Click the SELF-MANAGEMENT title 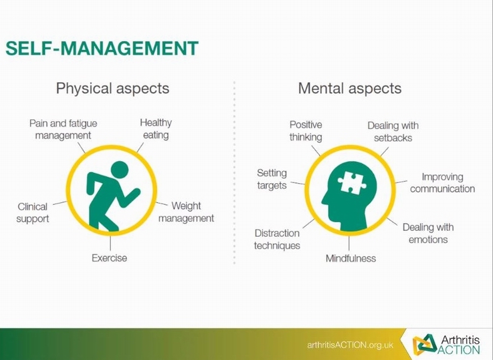[x=102, y=49]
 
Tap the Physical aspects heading [x=113, y=88]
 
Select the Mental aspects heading [x=350, y=88]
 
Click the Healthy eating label [x=156, y=129]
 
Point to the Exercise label [x=109, y=258]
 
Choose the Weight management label [x=186, y=212]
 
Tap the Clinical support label [x=33, y=213]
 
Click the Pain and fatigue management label [x=63, y=129]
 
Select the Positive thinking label [x=306, y=131]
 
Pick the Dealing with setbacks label [x=393, y=131]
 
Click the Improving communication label [x=443, y=183]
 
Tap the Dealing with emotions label [x=428, y=233]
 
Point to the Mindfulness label [x=351, y=258]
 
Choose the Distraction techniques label [x=277, y=239]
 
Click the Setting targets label [x=272, y=179]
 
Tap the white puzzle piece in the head [x=352, y=183]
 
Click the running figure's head [x=120, y=171]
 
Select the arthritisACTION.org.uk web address [x=350, y=345]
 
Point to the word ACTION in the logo [x=458, y=350]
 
